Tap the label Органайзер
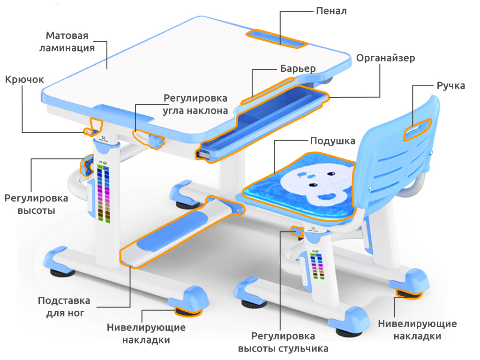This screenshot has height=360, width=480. tap(385, 58)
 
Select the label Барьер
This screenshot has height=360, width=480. tap(298, 68)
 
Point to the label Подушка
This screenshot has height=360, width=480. tap(332, 141)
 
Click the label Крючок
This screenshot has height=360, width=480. tap(24, 80)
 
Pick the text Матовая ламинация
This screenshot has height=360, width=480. tap(67, 42)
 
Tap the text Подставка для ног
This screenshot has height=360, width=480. tap(64, 307)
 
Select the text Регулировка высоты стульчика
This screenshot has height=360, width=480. tap(283, 342)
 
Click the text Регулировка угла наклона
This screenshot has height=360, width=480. tap(195, 105)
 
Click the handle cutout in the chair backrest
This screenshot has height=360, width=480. tap(416, 129)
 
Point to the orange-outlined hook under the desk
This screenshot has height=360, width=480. tap(93, 127)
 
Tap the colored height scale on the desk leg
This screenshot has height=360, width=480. tap(104, 192)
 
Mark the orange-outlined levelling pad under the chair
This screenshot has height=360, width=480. tap(409, 294)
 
